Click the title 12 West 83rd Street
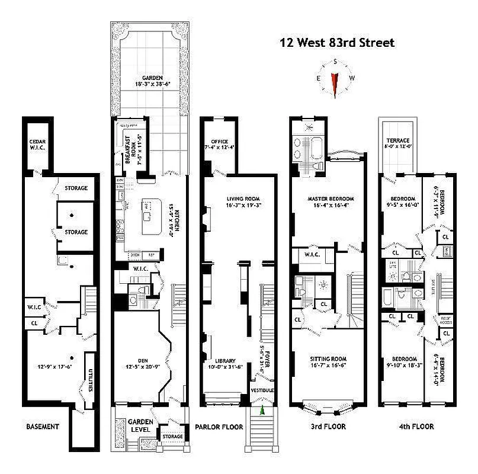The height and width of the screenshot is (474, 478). (336, 43)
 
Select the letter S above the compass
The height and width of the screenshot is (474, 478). (335, 62)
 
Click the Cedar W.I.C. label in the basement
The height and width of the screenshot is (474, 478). (38, 145)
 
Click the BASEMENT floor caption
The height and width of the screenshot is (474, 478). (42, 427)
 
